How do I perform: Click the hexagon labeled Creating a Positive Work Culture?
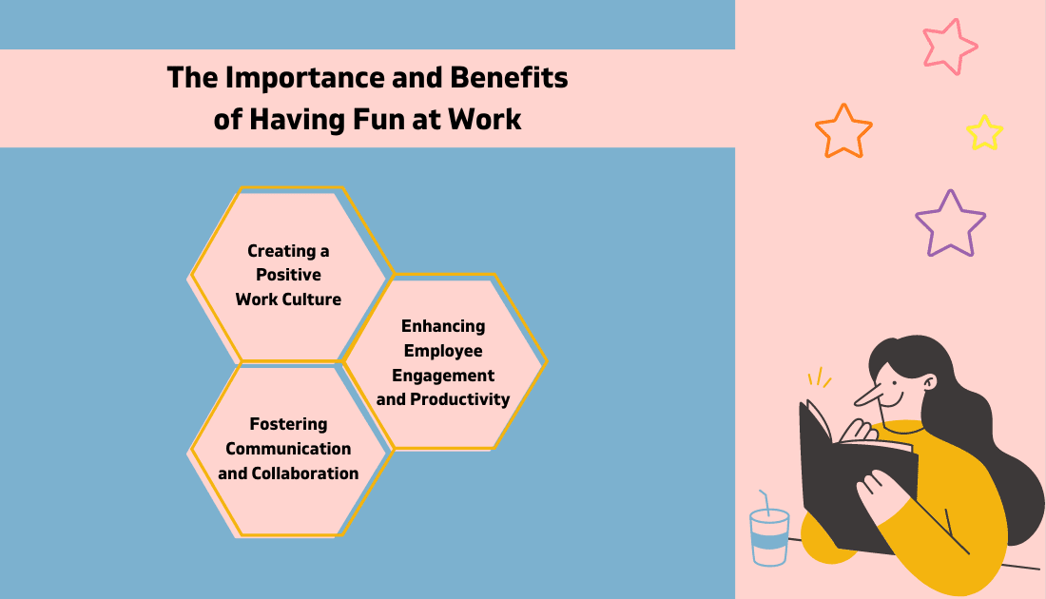click(x=289, y=275)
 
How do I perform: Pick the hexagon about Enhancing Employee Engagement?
click(x=443, y=362)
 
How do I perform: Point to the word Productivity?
click(x=460, y=399)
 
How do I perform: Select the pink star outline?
click(x=949, y=46)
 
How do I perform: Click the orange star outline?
click(x=843, y=130)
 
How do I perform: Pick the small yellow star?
click(x=984, y=132)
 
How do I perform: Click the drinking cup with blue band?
click(x=769, y=536)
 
